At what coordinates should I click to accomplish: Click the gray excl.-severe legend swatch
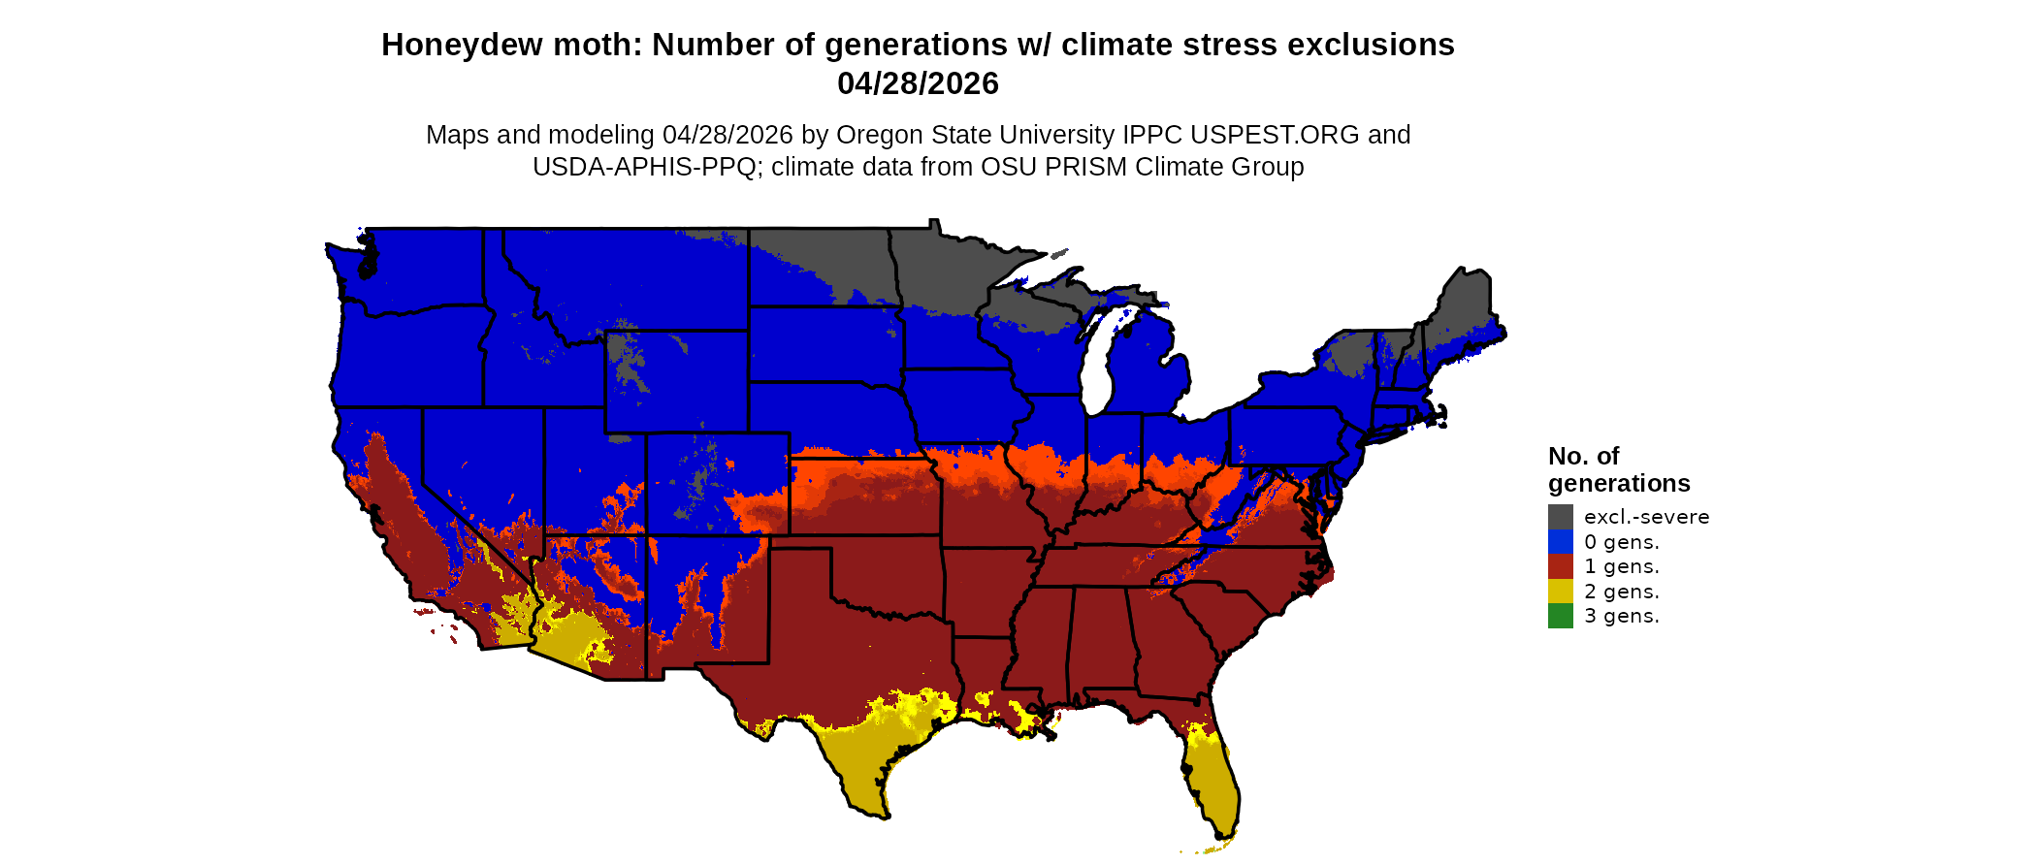tap(1560, 516)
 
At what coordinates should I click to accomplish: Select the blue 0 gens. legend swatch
tap(1560, 541)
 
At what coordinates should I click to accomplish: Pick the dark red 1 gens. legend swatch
tap(1560, 566)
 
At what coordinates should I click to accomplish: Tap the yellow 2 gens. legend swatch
tap(1560, 592)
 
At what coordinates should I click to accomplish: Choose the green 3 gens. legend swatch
tap(1560, 616)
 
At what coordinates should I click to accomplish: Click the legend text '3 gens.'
tap(1621, 616)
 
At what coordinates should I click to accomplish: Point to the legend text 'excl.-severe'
tap(1646, 517)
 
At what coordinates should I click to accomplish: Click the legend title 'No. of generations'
tap(1618, 469)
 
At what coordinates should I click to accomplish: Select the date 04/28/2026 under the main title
tap(918, 84)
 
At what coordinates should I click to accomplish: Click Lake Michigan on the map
tap(1097, 364)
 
